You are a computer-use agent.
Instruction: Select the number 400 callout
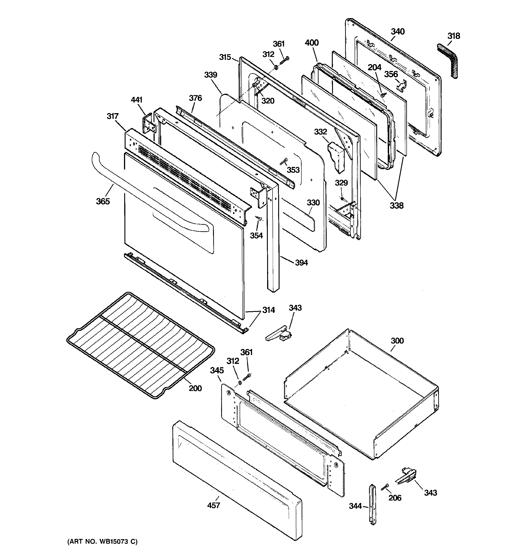coord(312,43)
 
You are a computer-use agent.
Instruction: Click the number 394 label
coord(301,263)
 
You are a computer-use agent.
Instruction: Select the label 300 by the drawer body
coord(397,341)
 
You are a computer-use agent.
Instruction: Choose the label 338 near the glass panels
coord(396,206)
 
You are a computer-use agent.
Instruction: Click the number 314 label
coord(268,310)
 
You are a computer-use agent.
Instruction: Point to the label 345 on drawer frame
coord(217,370)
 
